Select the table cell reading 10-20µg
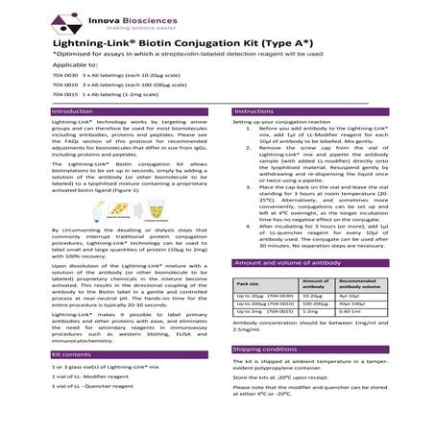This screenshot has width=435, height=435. [313, 298]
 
